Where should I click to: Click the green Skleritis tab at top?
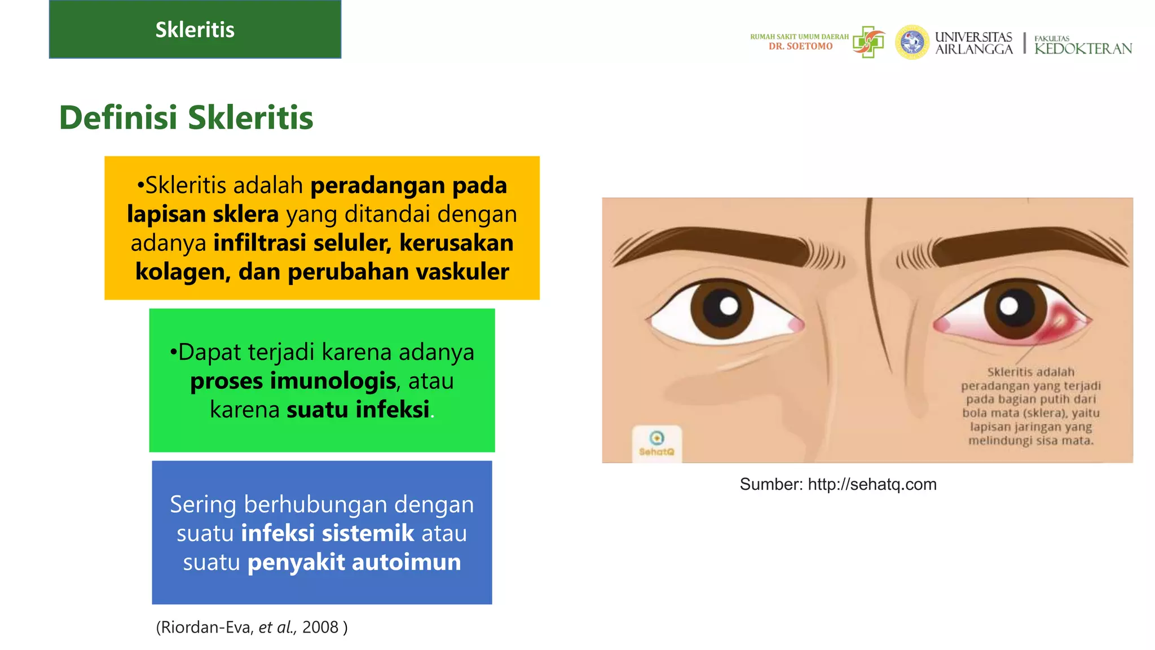(x=195, y=29)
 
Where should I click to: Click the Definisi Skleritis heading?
(x=186, y=117)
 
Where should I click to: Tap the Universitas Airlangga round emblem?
(x=911, y=42)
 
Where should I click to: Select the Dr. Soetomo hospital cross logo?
(x=869, y=42)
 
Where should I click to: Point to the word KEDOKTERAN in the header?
(x=1083, y=49)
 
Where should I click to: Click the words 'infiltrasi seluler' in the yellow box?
(x=302, y=243)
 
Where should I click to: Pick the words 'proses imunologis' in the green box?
(x=293, y=381)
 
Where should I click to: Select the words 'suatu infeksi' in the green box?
(x=358, y=410)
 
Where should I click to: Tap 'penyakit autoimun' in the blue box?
(x=354, y=563)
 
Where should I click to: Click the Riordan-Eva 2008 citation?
(x=252, y=627)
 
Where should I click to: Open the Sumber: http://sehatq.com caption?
(x=838, y=484)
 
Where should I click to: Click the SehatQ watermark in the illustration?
(x=656, y=443)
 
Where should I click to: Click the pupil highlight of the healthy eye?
(x=729, y=306)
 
